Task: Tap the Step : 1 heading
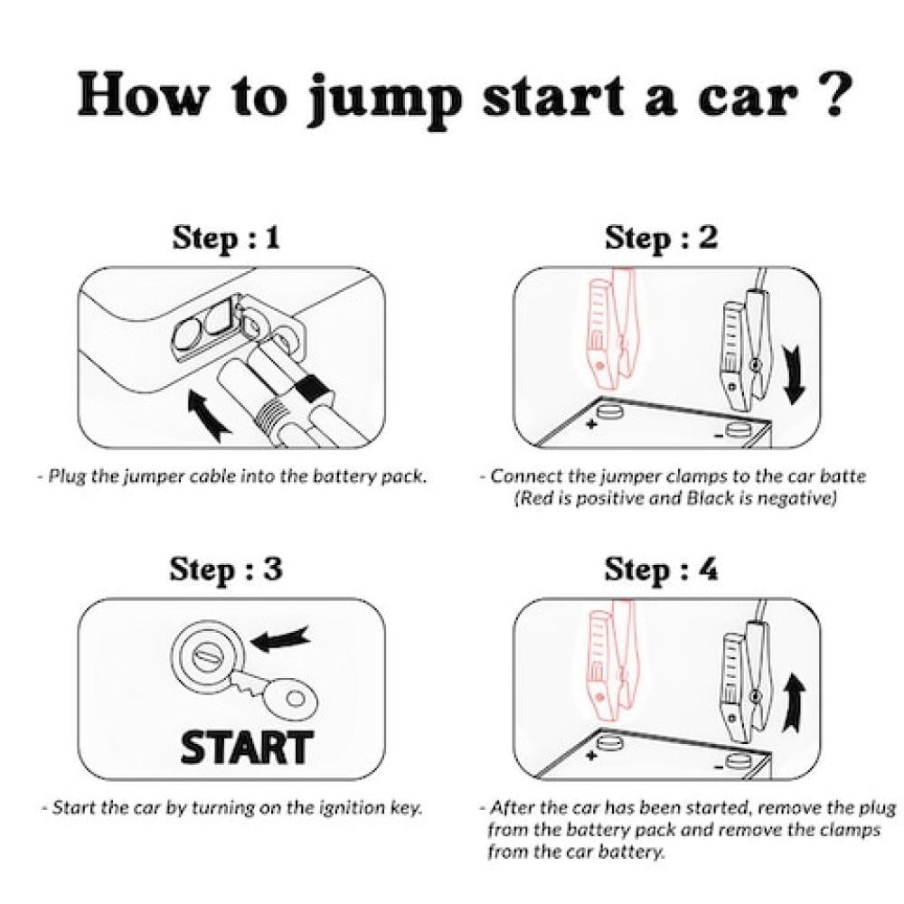(226, 238)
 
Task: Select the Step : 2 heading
(662, 238)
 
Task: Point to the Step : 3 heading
(226, 569)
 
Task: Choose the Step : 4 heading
(662, 569)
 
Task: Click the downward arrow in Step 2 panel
(794, 375)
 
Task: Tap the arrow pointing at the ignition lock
(281, 639)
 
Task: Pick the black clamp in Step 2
(743, 346)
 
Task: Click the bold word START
(247, 748)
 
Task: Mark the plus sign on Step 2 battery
(591, 424)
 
